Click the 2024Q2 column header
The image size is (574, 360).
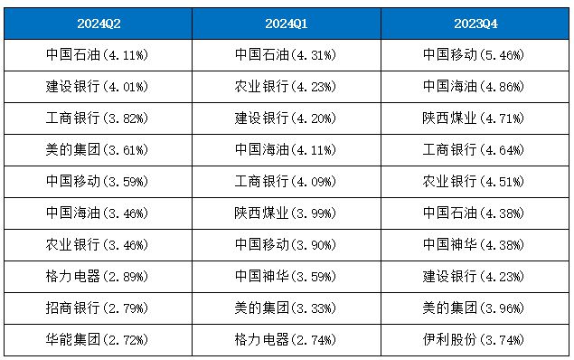coord(99,24)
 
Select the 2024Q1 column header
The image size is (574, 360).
coord(287,24)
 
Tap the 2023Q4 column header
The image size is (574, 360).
coord(475,24)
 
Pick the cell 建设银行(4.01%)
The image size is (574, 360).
coord(97,87)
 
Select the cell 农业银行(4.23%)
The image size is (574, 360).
coord(286,87)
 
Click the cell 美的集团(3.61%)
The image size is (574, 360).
coord(97,150)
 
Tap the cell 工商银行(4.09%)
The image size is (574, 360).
coord(286,182)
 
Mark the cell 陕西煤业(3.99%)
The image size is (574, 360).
coord(286,213)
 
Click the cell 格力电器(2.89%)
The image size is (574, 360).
coord(97,277)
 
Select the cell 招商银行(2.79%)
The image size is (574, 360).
coord(97,308)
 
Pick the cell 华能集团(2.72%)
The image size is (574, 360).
coord(97,340)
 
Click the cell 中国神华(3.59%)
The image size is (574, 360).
coord(286,277)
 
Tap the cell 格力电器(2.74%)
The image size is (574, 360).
coord(286,340)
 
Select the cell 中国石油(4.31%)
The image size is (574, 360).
coord(286,55)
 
